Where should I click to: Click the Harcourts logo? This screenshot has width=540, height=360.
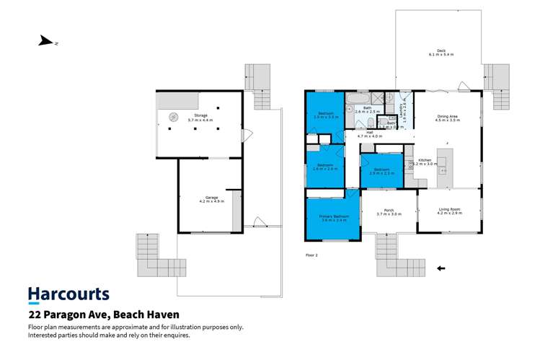click(68, 294)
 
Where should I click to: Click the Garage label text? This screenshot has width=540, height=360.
click(211, 198)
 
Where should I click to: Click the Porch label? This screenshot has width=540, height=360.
click(388, 211)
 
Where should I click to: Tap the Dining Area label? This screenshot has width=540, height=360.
click(447, 119)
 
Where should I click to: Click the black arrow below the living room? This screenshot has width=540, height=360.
click(442, 269)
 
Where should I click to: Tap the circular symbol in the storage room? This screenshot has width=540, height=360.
click(174, 116)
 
